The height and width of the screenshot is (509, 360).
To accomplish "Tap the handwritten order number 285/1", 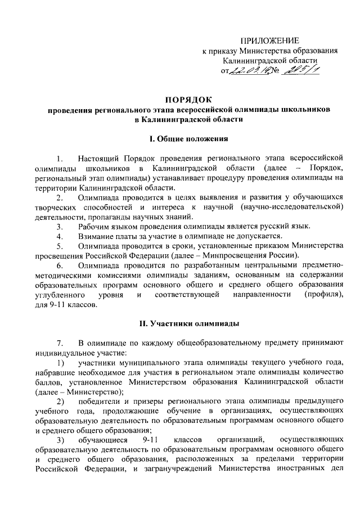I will tap(299, 69).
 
